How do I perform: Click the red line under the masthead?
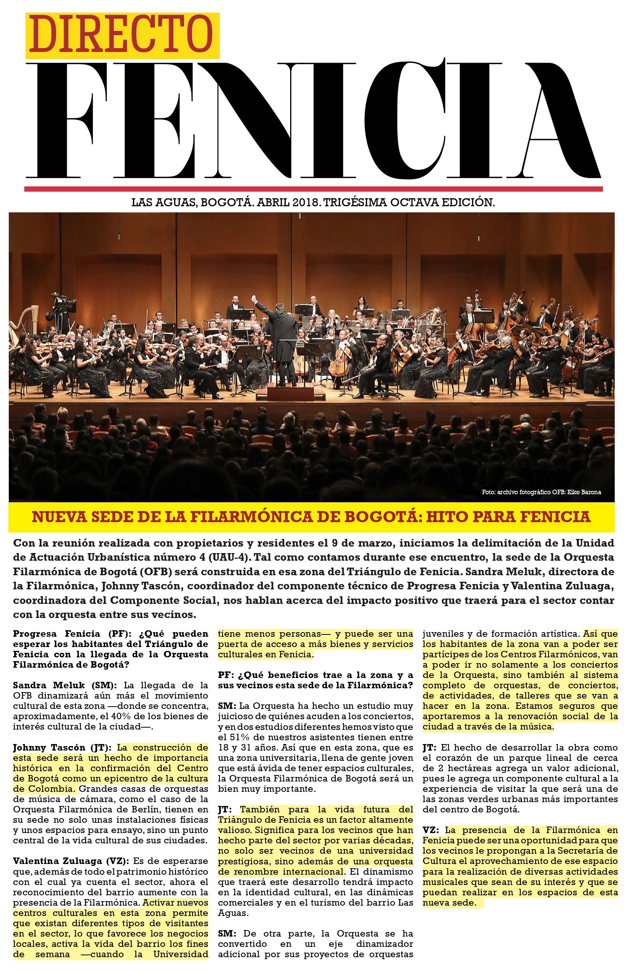(x=313, y=189)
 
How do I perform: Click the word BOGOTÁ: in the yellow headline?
(x=383, y=516)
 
